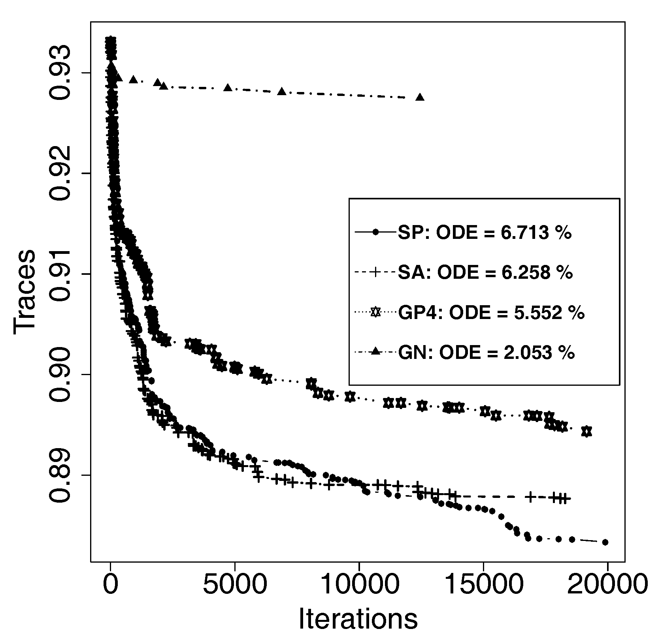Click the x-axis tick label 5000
[235, 584]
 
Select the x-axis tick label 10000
[359, 584]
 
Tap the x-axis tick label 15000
[483, 584]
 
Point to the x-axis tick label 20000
[607, 584]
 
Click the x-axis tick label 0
[111, 584]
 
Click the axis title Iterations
[358, 618]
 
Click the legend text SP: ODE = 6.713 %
[485, 233]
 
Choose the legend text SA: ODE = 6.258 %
[485, 273]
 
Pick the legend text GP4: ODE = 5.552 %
[491, 313]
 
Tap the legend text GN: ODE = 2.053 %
[486, 352]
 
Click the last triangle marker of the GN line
[420, 97]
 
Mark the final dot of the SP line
[605, 542]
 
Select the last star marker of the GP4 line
[587, 432]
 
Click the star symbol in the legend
[375, 313]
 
